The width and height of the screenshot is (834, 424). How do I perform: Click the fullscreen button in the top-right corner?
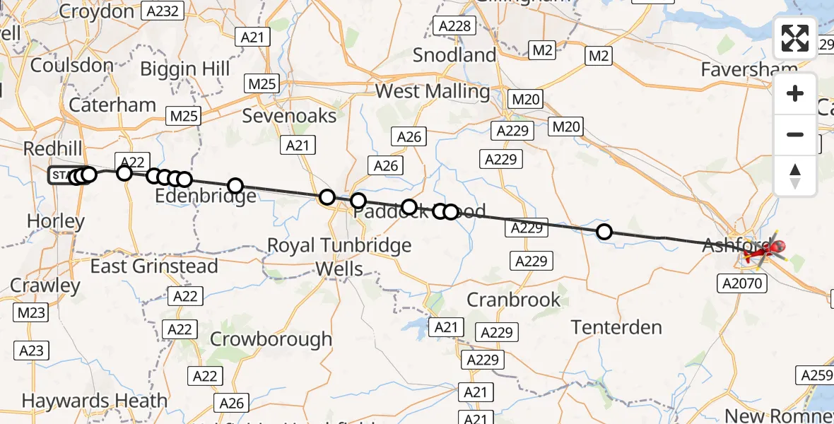[x=795, y=38]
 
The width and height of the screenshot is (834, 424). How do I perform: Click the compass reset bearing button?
[x=795, y=176]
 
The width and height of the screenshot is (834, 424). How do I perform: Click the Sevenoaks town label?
[x=289, y=115]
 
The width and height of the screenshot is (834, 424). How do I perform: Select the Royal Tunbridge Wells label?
[x=339, y=257]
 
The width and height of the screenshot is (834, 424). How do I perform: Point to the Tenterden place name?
[x=616, y=327]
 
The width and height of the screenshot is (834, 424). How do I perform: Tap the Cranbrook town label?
[x=513, y=300]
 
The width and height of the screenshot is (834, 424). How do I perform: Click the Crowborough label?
[x=271, y=338]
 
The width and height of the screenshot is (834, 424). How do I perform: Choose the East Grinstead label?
[x=154, y=266]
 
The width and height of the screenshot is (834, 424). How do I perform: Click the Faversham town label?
[x=749, y=69]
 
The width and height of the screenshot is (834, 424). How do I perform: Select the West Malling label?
[x=433, y=91]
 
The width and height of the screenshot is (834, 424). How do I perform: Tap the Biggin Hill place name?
[x=185, y=69]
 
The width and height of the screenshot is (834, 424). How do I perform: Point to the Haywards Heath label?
[x=95, y=401]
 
